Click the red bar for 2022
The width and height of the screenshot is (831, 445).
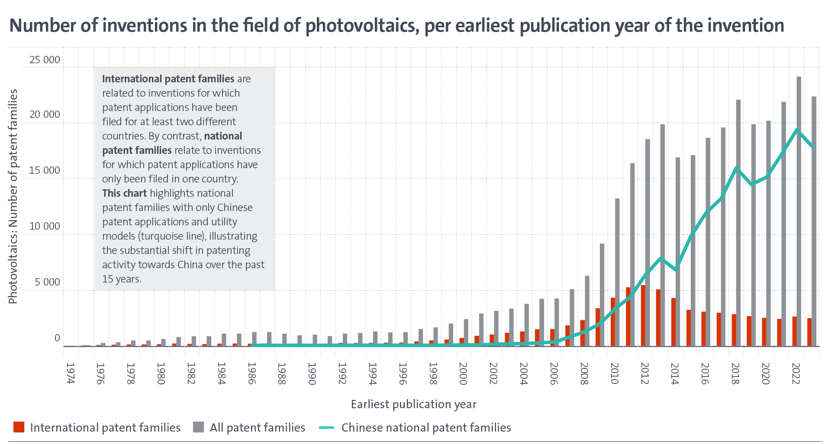pyautogui.click(x=795, y=331)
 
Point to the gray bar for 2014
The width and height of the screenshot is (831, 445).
pyautogui.click(x=678, y=251)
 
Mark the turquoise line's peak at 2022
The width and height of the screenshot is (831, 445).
pyautogui.click(x=797, y=130)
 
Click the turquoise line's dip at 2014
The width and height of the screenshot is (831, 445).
pyautogui.click(x=676, y=270)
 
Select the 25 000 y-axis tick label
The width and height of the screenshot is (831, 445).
pyautogui.click(x=45, y=60)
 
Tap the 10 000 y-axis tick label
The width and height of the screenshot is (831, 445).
pyautogui.click(x=45, y=226)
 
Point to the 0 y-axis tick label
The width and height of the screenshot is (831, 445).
pyautogui.click(x=57, y=338)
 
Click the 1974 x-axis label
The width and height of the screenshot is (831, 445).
pyautogui.click(x=70, y=374)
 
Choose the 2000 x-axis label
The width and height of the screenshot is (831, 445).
pyautogui.click(x=463, y=374)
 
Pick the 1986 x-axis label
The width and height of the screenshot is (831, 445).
pyautogui.click(x=251, y=374)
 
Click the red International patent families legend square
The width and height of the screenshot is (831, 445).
pyautogui.click(x=19, y=427)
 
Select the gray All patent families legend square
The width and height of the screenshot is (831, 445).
pyautogui.click(x=198, y=427)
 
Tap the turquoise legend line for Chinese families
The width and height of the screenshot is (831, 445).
pyautogui.click(x=327, y=428)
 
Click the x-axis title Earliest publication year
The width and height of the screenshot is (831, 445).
pyautogui.click(x=413, y=404)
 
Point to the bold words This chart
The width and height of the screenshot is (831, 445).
pyautogui.click(x=124, y=193)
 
